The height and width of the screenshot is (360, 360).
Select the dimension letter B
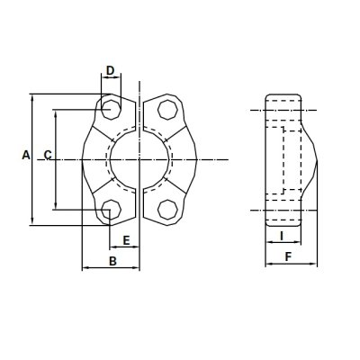[x=112, y=261]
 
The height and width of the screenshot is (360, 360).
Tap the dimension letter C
[x=47, y=156]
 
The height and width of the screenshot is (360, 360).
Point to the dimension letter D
[x=110, y=70]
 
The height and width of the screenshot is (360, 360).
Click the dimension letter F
[x=287, y=257]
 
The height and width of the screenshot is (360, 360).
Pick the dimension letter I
[x=283, y=236]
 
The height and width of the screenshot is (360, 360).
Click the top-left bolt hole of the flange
[x=110, y=108]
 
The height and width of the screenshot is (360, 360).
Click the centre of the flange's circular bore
[x=139, y=159]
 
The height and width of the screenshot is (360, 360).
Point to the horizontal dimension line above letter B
[x=111, y=268]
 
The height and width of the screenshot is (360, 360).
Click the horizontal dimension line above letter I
[x=283, y=244]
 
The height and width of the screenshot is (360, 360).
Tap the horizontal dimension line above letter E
[x=124, y=247]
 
